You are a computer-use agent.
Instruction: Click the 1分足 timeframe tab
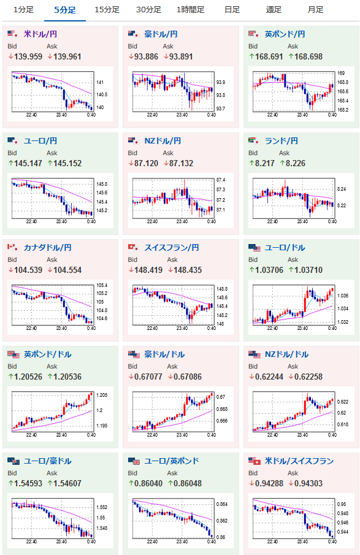[x=23, y=10]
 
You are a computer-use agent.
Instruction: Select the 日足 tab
[x=232, y=10]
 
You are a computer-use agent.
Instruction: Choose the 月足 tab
[x=315, y=10]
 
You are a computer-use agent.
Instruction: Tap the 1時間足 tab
[x=191, y=10]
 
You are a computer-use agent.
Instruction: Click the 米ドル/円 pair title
[x=40, y=34]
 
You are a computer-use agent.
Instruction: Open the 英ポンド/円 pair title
[x=285, y=34]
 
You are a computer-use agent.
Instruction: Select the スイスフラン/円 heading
[x=171, y=247]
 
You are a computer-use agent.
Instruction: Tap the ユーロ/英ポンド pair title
[x=171, y=461]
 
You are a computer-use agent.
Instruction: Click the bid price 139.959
[x=28, y=56]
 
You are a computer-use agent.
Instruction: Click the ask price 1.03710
[x=308, y=270]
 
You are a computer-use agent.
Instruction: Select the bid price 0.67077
[x=148, y=377]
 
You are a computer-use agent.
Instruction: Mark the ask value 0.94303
[x=308, y=483]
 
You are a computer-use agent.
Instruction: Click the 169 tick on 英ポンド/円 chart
[x=340, y=73]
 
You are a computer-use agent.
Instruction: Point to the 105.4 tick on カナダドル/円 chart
[x=102, y=285]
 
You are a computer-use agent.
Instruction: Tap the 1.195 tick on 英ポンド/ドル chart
[x=102, y=426]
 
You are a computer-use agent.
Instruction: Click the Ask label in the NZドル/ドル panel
[x=293, y=366]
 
